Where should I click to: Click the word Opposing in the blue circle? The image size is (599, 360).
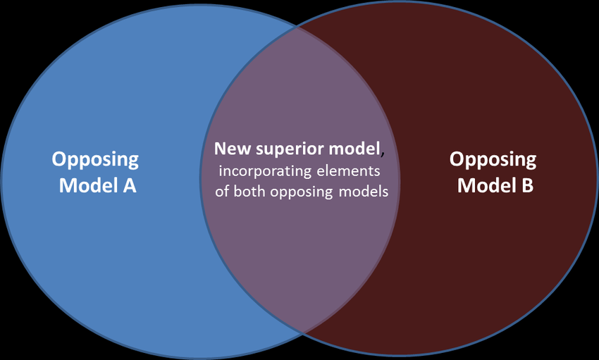click(x=95, y=160)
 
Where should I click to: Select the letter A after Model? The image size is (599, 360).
click(x=128, y=186)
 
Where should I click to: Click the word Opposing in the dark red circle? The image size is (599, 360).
click(x=493, y=160)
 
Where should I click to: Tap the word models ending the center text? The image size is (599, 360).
click(x=362, y=192)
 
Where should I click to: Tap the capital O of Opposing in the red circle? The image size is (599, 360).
click(x=457, y=159)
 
